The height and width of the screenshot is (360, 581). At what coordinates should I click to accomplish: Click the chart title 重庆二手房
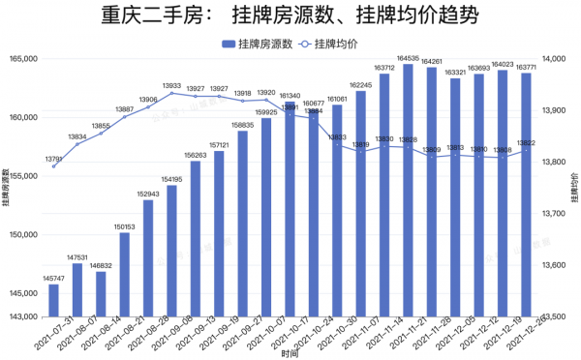pyautogui.click(x=290, y=16)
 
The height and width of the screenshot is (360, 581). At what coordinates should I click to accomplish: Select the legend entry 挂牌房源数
pyautogui.click(x=256, y=45)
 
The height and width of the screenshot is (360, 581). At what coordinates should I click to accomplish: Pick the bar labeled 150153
pyautogui.click(x=124, y=274)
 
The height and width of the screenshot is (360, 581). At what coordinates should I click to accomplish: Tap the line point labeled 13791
pyautogui.click(x=53, y=165)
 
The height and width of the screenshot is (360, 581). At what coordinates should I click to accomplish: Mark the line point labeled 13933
pyautogui.click(x=171, y=94)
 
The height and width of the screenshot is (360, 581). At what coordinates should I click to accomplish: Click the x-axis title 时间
pyautogui.click(x=290, y=354)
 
